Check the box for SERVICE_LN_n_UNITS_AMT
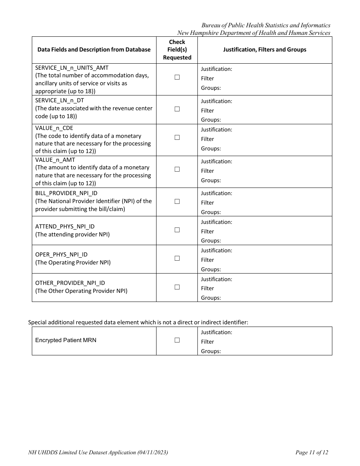pos(177,77)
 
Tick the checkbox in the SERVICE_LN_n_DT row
pos(177,109)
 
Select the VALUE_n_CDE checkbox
pos(177,138)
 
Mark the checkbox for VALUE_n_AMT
pos(177,169)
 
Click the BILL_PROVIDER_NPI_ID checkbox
pos(177,202)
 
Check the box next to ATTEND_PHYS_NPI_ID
pos(177,230)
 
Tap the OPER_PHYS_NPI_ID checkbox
pos(177,258)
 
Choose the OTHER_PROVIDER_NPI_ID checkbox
pos(177,287)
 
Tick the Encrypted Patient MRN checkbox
pos(177,340)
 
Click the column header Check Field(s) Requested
pos(177,50)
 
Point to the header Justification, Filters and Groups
pos(265,50)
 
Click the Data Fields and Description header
pos(94,50)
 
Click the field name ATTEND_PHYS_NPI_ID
pos(65,227)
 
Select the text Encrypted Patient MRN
pos(66,340)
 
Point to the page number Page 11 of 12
pos(311,452)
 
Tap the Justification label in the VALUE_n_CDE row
pos(216,130)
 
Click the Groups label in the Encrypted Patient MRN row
pos(211,351)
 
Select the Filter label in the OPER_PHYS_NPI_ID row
pos(207,260)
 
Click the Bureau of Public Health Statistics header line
pos(266,25)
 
